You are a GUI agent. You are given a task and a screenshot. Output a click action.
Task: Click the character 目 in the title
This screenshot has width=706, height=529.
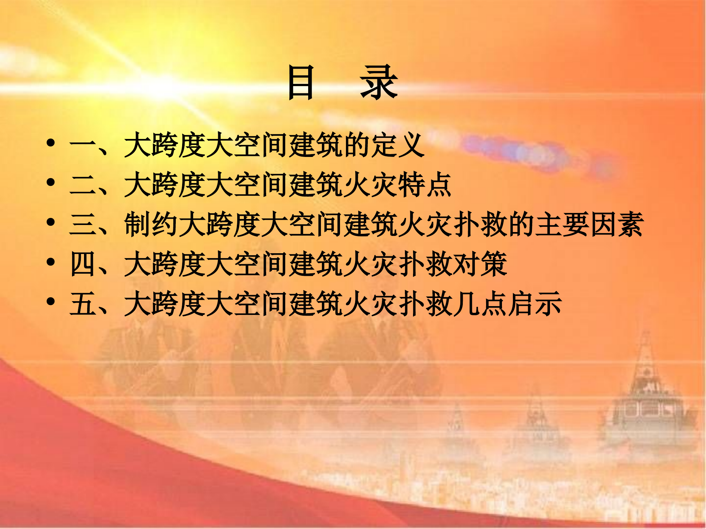click(300, 83)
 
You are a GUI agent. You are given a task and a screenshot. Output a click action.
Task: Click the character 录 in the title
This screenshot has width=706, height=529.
click(379, 83)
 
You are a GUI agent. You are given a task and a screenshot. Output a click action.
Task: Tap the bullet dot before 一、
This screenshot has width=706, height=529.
click(51, 143)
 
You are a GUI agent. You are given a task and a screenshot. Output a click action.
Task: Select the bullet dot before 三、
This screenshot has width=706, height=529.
click(51, 223)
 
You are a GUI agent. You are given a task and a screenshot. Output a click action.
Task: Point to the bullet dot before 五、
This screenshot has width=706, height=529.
click(51, 302)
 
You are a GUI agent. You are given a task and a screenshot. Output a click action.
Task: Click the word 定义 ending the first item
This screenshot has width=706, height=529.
click(397, 145)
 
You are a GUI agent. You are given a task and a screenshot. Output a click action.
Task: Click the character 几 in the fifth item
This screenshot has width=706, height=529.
click(466, 304)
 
